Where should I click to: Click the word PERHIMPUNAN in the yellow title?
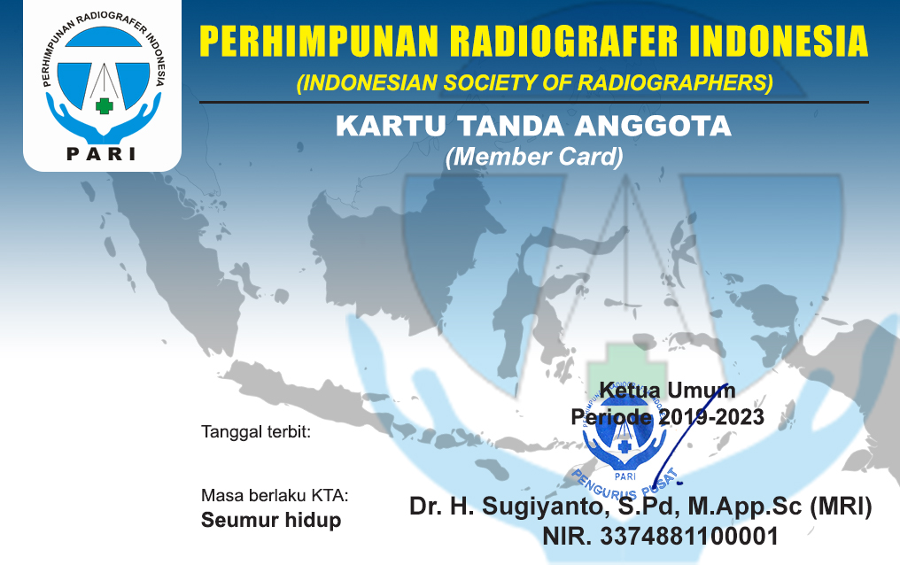click(319, 42)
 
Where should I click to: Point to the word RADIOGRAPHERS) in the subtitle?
click(675, 83)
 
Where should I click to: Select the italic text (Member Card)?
click(534, 157)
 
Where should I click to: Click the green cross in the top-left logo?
click(104, 105)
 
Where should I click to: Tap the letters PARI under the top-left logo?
click(102, 154)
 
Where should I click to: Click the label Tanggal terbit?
click(256, 431)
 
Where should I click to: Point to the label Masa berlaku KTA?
click(275, 495)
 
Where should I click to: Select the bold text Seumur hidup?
click(271, 520)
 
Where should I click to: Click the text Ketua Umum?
click(668, 391)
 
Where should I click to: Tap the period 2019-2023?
click(711, 417)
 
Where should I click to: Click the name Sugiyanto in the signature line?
click(542, 507)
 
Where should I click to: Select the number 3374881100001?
click(689, 537)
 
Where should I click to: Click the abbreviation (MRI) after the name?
click(841, 506)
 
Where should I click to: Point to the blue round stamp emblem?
click(625, 439)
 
